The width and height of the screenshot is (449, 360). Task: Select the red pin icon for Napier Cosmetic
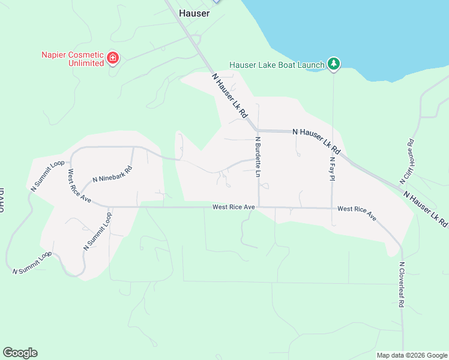[x=112, y=58]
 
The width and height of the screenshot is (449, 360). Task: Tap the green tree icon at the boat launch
[x=334, y=64]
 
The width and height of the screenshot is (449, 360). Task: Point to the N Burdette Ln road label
[x=258, y=157]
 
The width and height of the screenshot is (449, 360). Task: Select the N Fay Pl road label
[x=332, y=170]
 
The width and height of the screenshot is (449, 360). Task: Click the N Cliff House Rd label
[x=408, y=161]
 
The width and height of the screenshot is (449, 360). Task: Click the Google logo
[x=20, y=353]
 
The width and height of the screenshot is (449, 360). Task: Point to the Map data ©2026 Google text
[x=412, y=355]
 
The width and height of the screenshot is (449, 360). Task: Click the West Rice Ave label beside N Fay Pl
[x=357, y=212]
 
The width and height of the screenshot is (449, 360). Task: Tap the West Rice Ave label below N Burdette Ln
[x=234, y=207]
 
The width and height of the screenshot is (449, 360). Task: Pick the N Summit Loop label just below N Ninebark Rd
[x=98, y=231]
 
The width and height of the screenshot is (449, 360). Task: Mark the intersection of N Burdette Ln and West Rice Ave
[x=259, y=208]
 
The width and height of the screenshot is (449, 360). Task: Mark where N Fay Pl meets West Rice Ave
[x=332, y=208]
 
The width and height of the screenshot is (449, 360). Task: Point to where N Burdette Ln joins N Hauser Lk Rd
[x=257, y=130]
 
